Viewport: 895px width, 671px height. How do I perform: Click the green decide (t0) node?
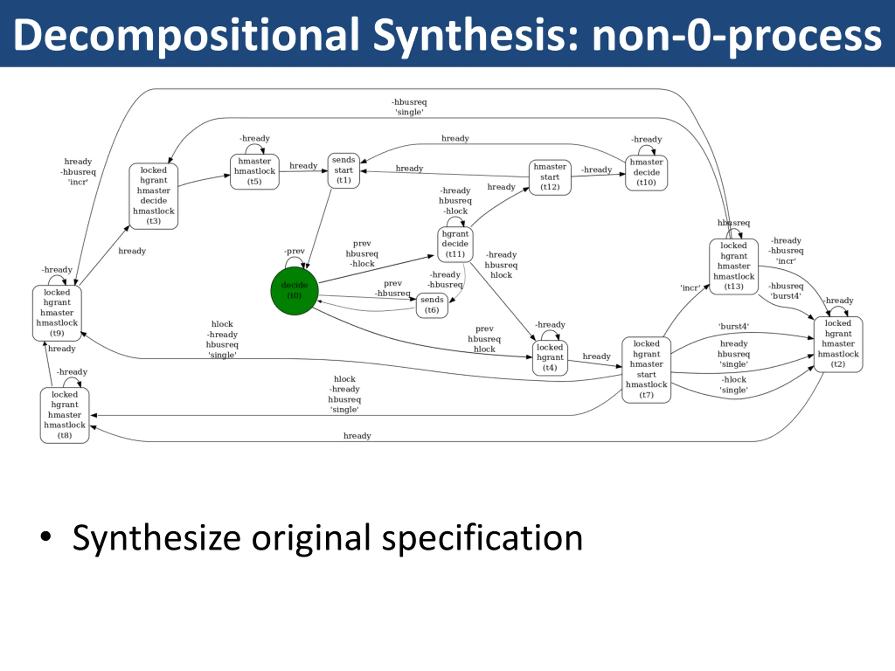coord(294,290)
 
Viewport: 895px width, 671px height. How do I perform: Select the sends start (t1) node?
coord(344,170)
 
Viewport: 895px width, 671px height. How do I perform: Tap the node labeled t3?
coord(153,196)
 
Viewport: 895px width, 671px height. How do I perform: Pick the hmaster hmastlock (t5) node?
coord(255,171)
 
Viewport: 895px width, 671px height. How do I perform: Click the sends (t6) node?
coord(432,305)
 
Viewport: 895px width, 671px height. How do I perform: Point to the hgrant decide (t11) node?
coord(455,244)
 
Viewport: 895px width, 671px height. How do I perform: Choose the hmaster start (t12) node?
coord(550,177)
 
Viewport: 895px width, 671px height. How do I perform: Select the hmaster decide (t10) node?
coord(646,172)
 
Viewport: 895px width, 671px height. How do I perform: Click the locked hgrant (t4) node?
coord(550,358)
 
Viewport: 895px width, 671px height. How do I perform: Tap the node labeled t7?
coord(646,369)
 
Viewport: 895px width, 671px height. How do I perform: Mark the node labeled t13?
coord(733,266)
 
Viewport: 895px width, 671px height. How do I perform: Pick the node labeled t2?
coord(838,344)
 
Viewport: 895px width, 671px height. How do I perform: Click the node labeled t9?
coord(57,313)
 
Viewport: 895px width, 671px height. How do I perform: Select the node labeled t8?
coord(65,415)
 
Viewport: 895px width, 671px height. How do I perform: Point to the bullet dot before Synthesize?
coord(46,536)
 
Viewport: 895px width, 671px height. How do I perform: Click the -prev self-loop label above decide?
coord(295,251)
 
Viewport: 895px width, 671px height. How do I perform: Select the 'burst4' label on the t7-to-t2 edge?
coord(733,326)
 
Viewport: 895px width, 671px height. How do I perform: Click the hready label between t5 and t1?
coord(303,165)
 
